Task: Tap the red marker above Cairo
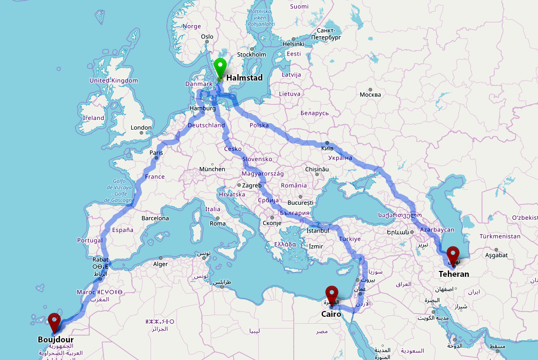(x=332, y=294)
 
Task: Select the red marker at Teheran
(x=453, y=255)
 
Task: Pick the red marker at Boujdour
(x=54, y=322)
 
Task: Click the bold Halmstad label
(x=244, y=78)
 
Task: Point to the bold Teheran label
(x=454, y=274)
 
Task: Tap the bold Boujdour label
(x=56, y=339)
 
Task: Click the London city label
(x=141, y=127)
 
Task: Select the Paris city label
(x=156, y=153)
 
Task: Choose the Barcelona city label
(x=155, y=218)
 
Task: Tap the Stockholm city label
(x=251, y=54)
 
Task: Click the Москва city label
(x=370, y=95)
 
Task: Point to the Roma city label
(x=218, y=223)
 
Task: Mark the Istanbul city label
(x=318, y=231)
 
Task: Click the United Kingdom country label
(x=113, y=81)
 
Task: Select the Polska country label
(x=259, y=125)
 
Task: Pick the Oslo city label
(x=207, y=37)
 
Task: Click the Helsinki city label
(x=293, y=44)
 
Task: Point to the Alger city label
(x=161, y=264)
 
